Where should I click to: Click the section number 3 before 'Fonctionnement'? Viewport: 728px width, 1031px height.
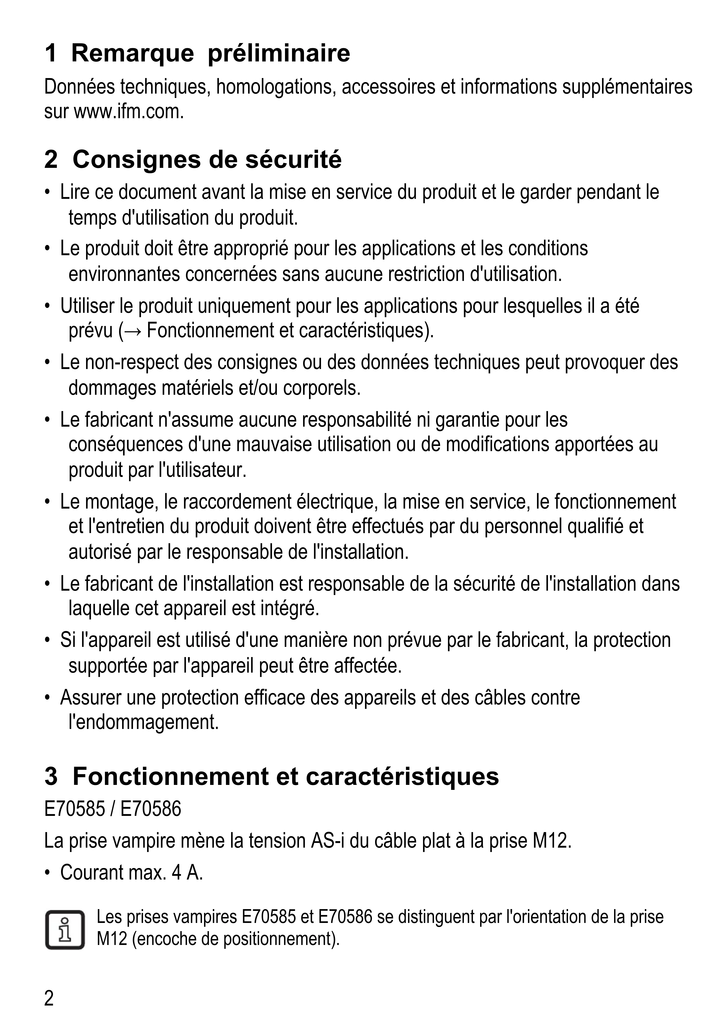(51, 776)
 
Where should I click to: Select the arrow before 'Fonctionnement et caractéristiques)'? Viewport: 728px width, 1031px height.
(133, 332)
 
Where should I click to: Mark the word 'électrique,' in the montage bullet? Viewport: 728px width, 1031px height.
(336, 502)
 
